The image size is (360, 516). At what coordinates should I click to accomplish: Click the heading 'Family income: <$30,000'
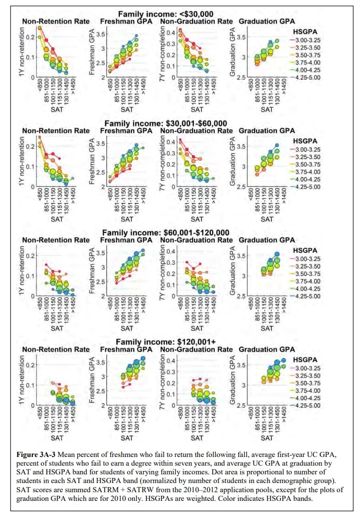pyautogui.click(x=166, y=14)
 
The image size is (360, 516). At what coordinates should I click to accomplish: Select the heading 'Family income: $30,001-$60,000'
pyautogui.click(x=166, y=124)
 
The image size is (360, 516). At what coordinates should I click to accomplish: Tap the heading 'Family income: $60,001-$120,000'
pyautogui.click(x=166, y=233)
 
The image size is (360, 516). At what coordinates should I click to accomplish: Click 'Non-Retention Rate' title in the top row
pyautogui.click(x=56, y=21)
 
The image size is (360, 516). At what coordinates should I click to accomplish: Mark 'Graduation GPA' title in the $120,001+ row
pyautogui.click(x=267, y=349)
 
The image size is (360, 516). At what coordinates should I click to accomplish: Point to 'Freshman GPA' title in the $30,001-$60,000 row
pyautogui.click(x=127, y=131)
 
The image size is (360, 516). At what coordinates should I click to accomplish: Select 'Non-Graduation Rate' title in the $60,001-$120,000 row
pyautogui.click(x=196, y=240)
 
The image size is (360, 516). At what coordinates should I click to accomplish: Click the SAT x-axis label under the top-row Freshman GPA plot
pyautogui.click(x=127, y=109)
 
